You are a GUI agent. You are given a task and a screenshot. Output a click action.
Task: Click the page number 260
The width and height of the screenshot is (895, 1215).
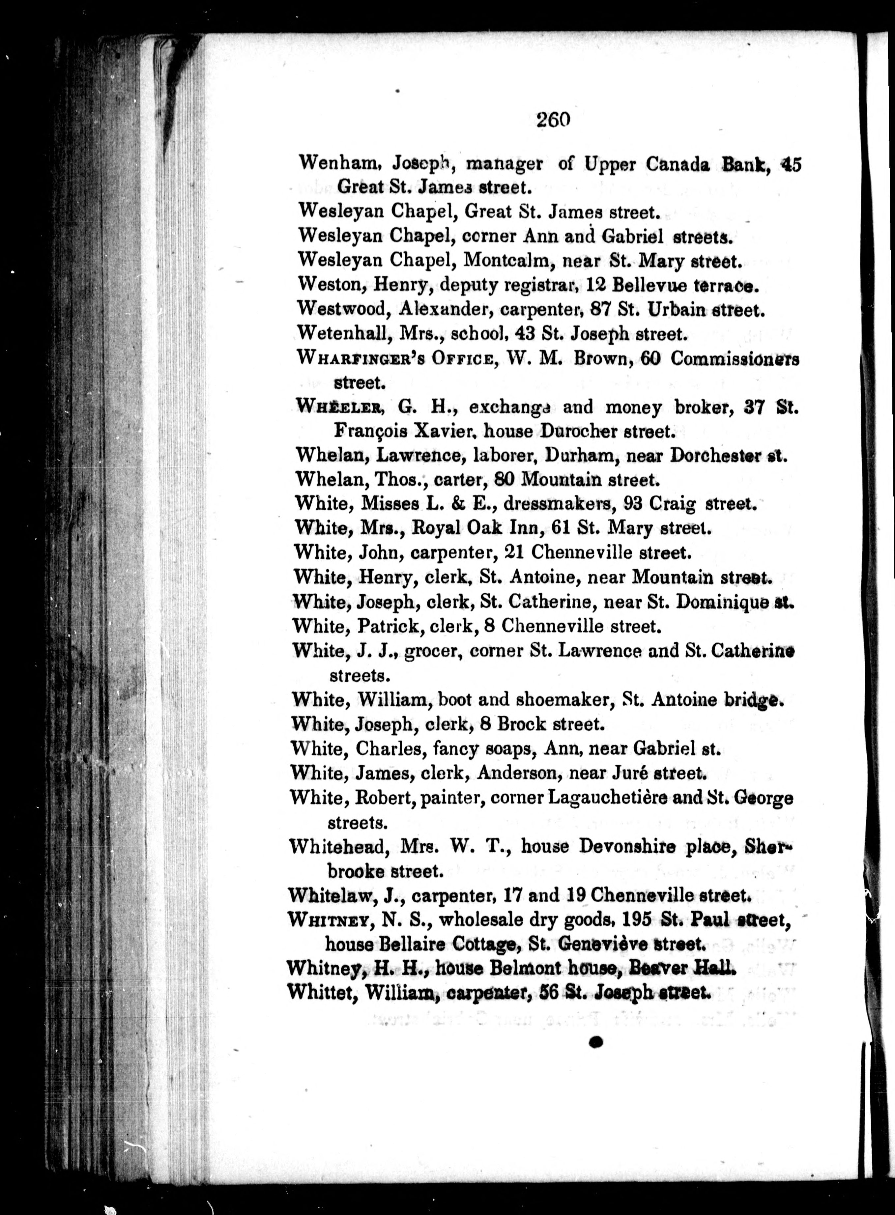pyautogui.click(x=554, y=119)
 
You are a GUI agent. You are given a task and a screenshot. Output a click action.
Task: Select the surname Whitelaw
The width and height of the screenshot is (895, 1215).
pyautogui.click(x=331, y=895)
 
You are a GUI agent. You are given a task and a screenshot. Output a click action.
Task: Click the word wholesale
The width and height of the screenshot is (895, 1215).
pyautogui.click(x=479, y=919)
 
